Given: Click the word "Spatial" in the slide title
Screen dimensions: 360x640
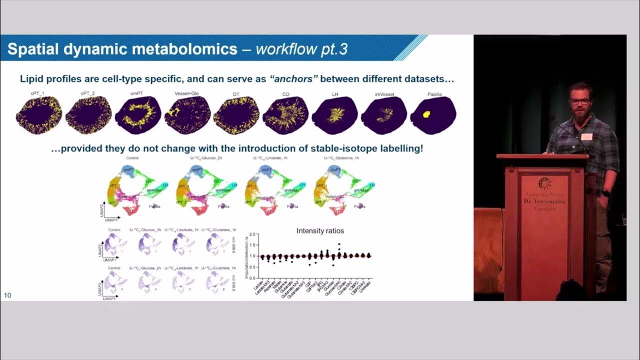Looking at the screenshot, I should coord(34,49).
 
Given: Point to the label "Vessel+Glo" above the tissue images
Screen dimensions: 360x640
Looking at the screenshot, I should coord(186,93).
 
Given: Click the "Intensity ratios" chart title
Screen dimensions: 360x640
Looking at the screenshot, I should coord(320,230).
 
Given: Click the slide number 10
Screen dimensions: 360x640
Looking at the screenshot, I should coord(7,295).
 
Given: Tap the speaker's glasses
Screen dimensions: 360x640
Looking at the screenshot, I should coord(580,101).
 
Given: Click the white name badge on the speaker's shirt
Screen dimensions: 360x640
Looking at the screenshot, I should coord(586,136).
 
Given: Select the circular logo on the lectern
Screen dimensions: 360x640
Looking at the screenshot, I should coord(544,183).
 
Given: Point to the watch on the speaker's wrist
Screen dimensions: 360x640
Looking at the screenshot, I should coord(605,193).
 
